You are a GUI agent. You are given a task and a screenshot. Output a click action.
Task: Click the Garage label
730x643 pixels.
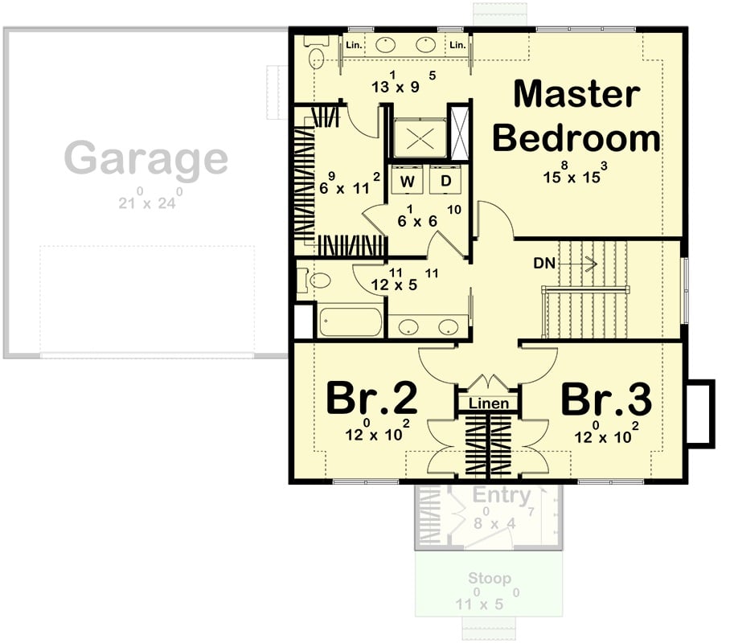coord(146,158)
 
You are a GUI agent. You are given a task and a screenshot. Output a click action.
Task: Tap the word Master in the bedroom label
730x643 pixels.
coord(576,94)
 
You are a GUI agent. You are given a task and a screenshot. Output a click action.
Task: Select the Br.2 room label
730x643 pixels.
coord(371,399)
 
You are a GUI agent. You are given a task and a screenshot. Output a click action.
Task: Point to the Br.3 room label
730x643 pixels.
coord(605,399)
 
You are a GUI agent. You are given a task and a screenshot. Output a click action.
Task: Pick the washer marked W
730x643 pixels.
coord(408,182)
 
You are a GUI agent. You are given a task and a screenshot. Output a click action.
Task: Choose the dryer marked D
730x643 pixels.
coord(446,182)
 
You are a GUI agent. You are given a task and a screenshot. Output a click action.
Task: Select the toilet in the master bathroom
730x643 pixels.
coord(316,55)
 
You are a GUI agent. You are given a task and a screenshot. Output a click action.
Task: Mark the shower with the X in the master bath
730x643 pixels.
coord(419,138)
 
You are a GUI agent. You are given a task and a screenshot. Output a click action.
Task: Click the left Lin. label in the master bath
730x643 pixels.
coord(355,45)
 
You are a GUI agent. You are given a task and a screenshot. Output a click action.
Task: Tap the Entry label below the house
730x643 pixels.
coord(502,495)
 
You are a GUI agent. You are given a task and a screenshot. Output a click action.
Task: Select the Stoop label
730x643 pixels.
coord(490,579)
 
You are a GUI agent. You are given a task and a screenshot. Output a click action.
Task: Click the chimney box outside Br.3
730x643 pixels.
coord(699,412)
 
